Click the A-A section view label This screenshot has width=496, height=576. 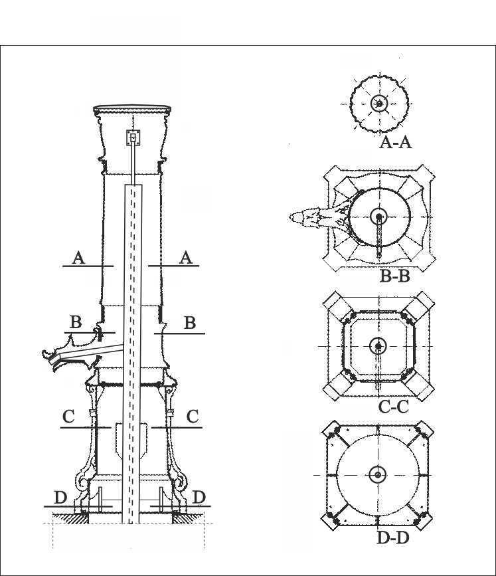395,142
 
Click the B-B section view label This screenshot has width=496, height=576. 394,276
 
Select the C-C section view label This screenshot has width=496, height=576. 393,407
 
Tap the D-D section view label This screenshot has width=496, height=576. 393,538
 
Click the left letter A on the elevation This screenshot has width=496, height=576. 78,258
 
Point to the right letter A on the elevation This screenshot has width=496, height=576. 186,258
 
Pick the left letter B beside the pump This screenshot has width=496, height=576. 76,322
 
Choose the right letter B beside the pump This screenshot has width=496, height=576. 190,323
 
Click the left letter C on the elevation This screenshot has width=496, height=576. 68,417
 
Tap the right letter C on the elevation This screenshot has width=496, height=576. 193,417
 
